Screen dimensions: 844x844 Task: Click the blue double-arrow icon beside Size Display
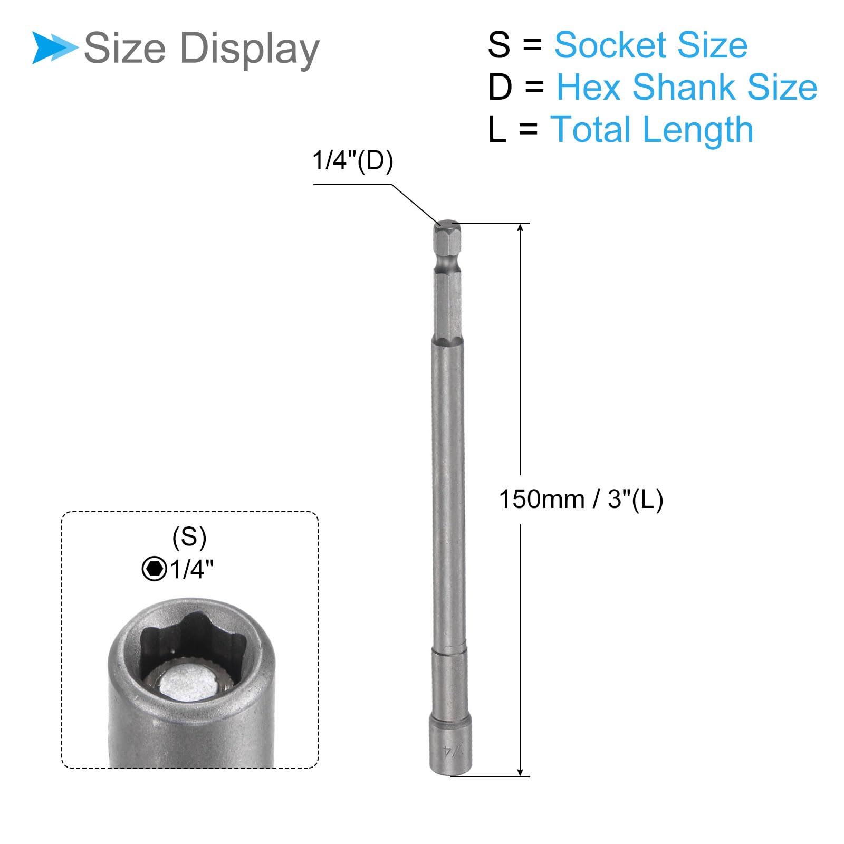pyautogui.click(x=55, y=48)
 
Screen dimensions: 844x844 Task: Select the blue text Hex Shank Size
pyautogui.click(x=687, y=87)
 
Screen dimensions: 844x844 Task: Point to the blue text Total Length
pyautogui.click(x=651, y=130)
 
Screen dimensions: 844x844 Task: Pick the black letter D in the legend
pyautogui.click(x=500, y=87)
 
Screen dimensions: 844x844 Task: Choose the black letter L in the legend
pyautogui.click(x=497, y=129)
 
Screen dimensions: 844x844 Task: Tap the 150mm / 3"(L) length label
pyautogui.click(x=581, y=499)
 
